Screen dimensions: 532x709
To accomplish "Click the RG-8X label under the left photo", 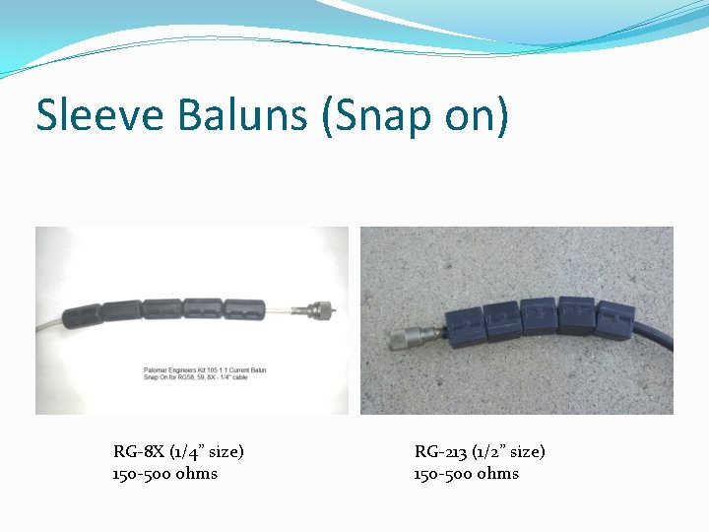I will click(x=139, y=451).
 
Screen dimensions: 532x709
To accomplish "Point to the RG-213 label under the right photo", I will click(x=440, y=451).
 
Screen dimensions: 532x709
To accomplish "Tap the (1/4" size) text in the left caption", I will click(x=206, y=451).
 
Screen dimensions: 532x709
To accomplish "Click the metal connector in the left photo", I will click(x=320, y=306).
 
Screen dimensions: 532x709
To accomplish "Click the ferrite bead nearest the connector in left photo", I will click(x=243, y=308).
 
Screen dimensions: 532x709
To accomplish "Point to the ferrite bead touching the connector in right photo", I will click(x=462, y=325).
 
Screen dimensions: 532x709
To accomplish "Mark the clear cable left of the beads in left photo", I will click(x=49, y=324).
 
